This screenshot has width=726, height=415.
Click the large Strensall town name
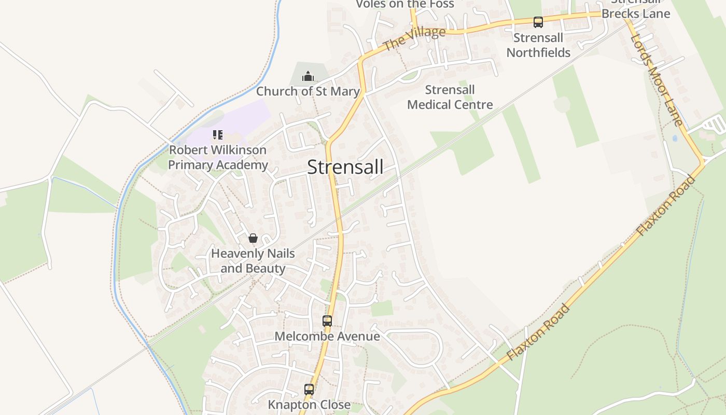[x=345, y=167]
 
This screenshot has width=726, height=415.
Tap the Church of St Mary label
[x=308, y=91]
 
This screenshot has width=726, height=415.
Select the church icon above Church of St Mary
[x=308, y=77]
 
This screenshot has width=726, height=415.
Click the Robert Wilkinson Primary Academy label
[x=218, y=157]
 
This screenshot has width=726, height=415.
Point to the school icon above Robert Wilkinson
[x=218, y=135]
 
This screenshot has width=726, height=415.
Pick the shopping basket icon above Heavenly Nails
[x=253, y=238]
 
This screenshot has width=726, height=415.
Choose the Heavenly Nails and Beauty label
[x=253, y=261]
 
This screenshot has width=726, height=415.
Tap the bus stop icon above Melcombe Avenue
[x=327, y=321]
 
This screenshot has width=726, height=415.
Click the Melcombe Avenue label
[x=327, y=336]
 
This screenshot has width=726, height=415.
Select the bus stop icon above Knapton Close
[x=309, y=390]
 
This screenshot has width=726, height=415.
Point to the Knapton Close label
[x=309, y=404]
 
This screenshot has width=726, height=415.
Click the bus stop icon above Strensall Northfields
[x=538, y=22]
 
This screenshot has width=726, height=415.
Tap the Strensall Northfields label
[x=538, y=45]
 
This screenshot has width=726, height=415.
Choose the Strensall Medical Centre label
[x=450, y=97]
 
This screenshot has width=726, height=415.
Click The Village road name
[x=414, y=39]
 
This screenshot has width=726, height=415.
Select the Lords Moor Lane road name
[x=657, y=81]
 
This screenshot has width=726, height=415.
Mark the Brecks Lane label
[x=636, y=13]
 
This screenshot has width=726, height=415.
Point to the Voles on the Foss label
[x=404, y=4]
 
